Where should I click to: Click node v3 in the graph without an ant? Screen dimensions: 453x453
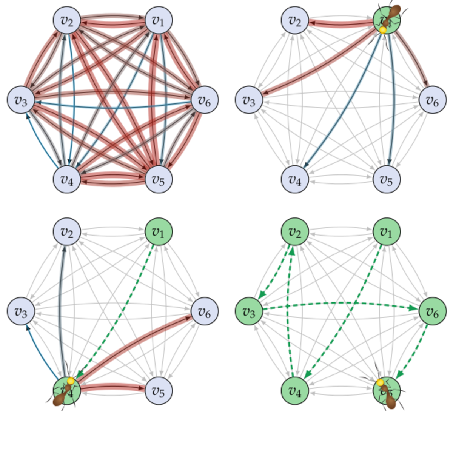click(21, 100)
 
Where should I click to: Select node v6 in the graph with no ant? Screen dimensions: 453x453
click(205, 100)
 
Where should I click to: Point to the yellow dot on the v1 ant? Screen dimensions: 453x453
click(383, 30)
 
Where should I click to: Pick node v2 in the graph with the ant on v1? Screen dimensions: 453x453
click(294, 20)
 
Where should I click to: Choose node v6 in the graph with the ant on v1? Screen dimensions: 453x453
click(432, 100)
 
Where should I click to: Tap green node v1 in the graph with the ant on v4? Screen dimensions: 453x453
click(159, 231)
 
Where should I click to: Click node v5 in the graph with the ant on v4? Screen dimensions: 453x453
click(159, 391)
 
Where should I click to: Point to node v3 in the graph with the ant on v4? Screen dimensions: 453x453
click(21, 311)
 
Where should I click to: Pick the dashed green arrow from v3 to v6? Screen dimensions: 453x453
click(340, 303)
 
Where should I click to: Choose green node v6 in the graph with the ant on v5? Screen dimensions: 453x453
click(432, 311)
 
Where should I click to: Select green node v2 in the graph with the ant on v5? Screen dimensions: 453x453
click(294, 231)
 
